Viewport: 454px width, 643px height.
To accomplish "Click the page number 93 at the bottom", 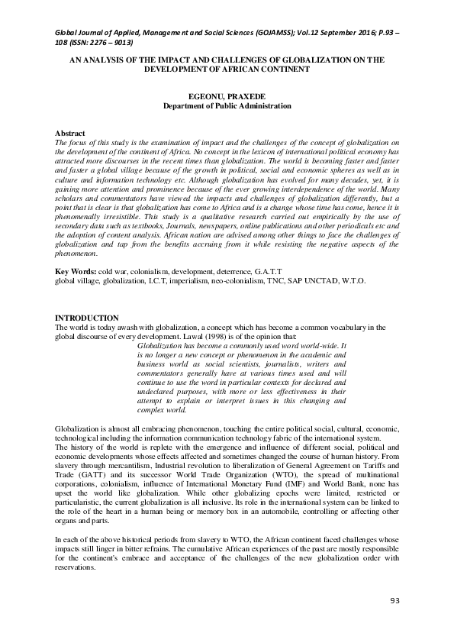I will click(394, 601).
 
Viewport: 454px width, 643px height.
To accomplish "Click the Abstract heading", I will click(71, 134).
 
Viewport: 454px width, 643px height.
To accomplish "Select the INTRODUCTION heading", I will click(87, 318).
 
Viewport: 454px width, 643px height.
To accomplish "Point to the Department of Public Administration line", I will click(227, 107).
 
